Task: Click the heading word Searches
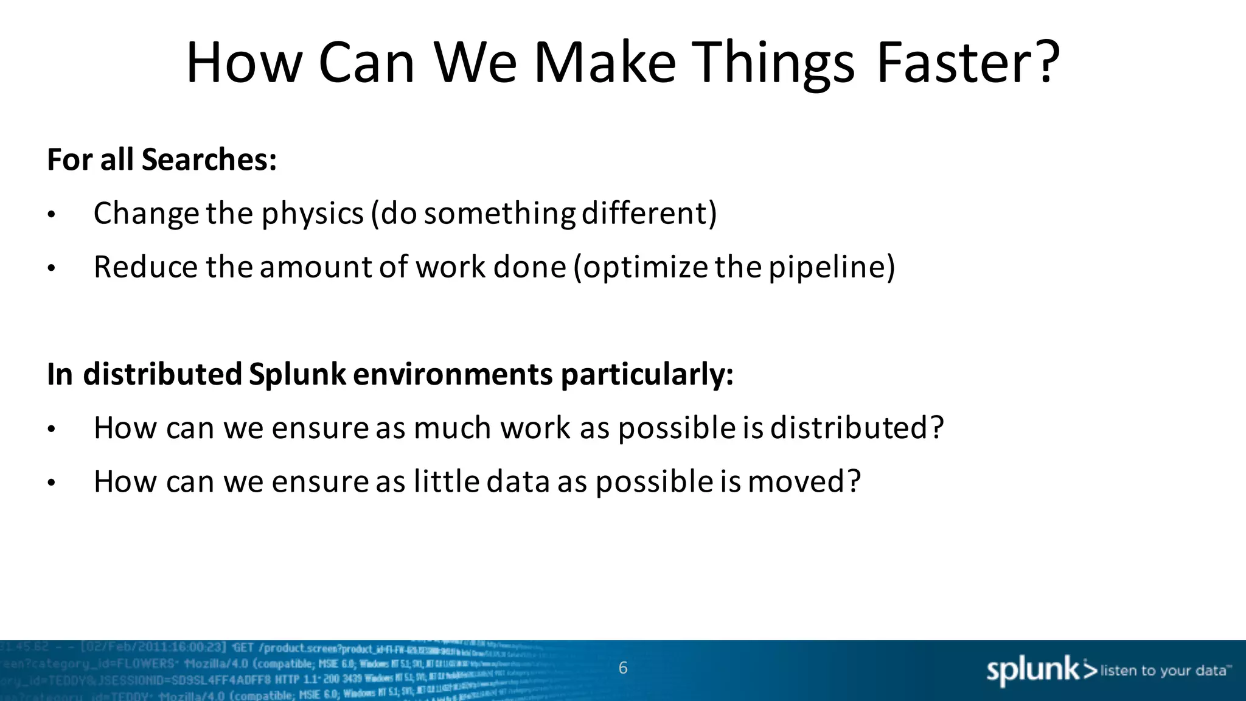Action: pos(209,160)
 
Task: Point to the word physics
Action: pos(313,214)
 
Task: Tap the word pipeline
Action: pos(831,268)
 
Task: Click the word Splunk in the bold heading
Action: pos(298,374)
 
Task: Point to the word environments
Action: pos(453,374)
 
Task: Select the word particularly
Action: pos(647,374)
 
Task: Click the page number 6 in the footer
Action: pos(623,668)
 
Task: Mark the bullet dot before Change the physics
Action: pos(52,215)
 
